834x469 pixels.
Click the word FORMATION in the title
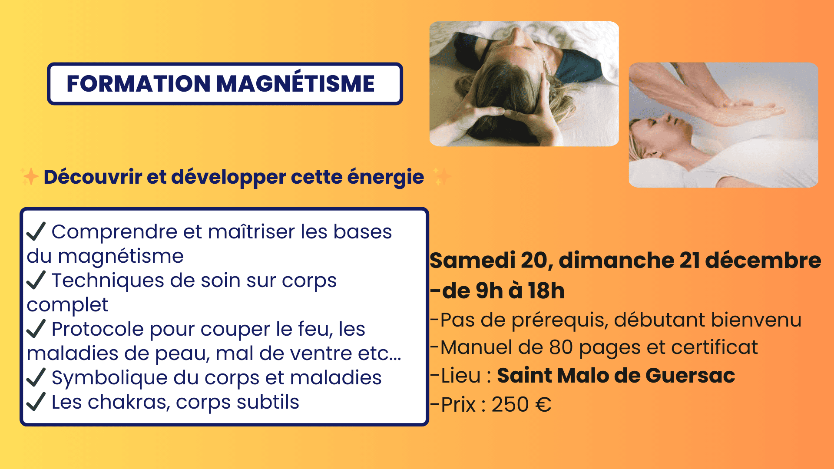pos(139,83)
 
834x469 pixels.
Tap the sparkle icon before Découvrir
pos(30,177)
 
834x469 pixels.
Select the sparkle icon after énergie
pos(442,177)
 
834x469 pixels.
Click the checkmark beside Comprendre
pos(36,231)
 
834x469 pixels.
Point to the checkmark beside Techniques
pos(36,280)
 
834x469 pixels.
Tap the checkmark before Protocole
pos(36,328)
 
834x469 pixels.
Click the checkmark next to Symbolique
pos(36,377)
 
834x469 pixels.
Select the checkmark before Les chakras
pos(36,401)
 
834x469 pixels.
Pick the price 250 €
pos(522,405)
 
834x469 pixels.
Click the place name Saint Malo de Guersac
pos(616,376)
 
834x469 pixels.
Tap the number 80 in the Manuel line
pos(561,347)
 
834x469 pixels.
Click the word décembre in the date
pos(763,261)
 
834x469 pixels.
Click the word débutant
pos(659,320)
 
